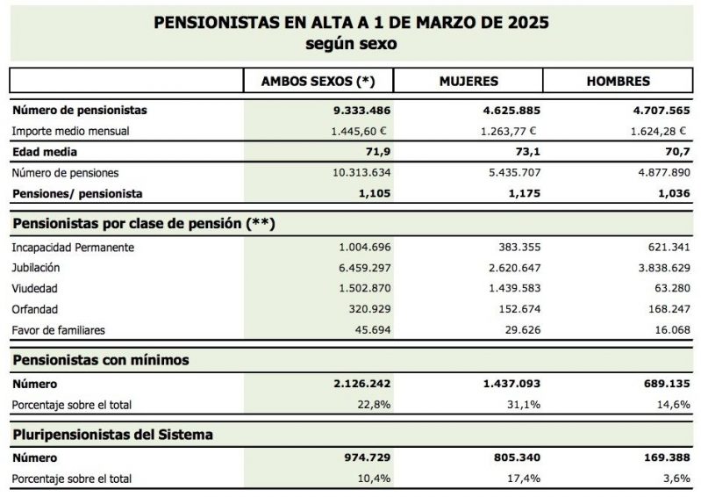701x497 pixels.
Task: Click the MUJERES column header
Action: (469, 81)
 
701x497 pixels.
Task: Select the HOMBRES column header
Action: (618, 81)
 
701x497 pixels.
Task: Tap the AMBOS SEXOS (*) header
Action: (318, 81)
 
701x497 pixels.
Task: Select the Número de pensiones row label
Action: (65, 174)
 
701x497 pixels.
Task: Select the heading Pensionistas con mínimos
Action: (100, 360)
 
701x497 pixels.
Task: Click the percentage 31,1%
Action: (524, 405)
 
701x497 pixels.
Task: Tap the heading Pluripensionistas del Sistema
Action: (112, 435)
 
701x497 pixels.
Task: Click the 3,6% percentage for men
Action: (676, 479)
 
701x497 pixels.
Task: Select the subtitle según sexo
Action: (351, 43)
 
